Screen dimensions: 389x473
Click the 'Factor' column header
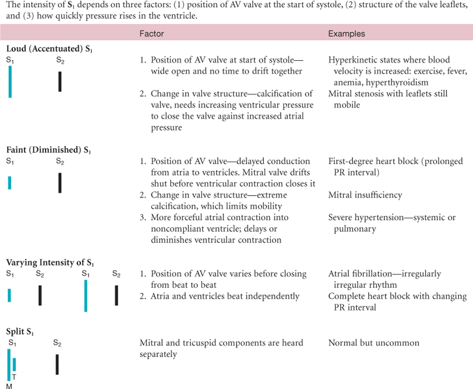(x=152, y=34)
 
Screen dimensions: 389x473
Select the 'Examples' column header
(x=346, y=34)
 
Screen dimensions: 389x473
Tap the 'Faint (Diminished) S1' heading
(x=48, y=151)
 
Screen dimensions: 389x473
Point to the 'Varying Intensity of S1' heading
(x=50, y=262)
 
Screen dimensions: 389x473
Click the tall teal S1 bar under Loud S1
(x=10, y=82)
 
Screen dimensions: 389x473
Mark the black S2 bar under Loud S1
(x=60, y=82)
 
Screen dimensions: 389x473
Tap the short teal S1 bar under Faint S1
(x=10, y=182)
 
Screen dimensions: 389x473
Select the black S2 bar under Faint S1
(x=60, y=182)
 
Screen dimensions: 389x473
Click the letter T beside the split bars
(x=14, y=375)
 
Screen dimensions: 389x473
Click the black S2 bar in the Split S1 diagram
(x=57, y=364)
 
